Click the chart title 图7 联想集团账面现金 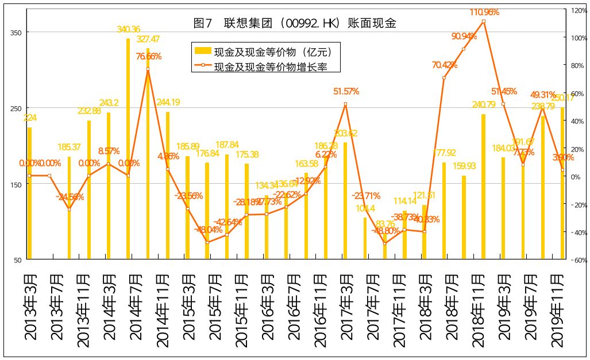click(x=295, y=24)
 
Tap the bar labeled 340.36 click(x=128, y=149)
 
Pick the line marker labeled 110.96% click(x=483, y=21)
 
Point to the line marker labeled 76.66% click(x=148, y=69)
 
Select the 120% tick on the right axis click(x=577, y=10)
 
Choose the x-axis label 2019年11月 click(x=556, y=310)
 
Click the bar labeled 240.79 click(x=483, y=187)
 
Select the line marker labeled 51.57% click(x=345, y=104)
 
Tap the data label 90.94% click(x=464, y=37)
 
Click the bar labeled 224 click(x=30, y=193)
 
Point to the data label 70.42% click(x=444, y=65)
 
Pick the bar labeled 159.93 click(x=464, y=218)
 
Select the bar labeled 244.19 click(x=168, y=185)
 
